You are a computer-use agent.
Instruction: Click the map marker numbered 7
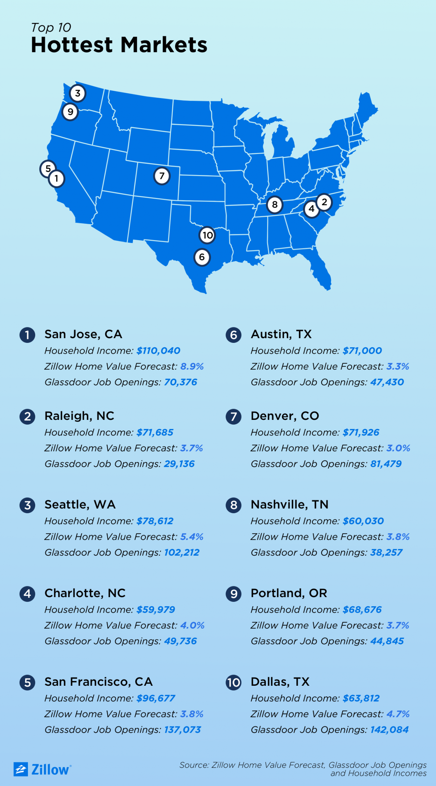[x=162, y=176]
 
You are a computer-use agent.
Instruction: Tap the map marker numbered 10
[x=207, y=235]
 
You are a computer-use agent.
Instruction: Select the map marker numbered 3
[x=77, y=93]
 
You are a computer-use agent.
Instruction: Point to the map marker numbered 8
[x=275, y=205]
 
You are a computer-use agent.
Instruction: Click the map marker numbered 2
[x=324, y=202]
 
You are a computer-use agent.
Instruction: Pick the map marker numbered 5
[x=48, y=169]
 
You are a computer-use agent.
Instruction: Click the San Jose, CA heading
[x=83, y=334]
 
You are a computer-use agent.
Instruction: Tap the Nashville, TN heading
[x=290, y=505]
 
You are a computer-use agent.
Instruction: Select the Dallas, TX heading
[x=280, y=682]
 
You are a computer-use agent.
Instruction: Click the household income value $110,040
[x=158, y=351]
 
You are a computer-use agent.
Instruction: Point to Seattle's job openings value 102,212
[x=182, y=553]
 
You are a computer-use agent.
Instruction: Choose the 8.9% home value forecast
[x=192, y=366]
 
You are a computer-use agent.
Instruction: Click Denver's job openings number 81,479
[x=386, y=464]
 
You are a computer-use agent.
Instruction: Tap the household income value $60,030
[x=363, y=521]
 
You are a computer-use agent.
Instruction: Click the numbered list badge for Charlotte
[x=27, y=594]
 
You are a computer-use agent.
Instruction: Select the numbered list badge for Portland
[x=234, y=594]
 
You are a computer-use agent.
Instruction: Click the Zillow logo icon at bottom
[x=21, y=769]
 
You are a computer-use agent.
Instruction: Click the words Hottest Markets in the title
[x=119, y=45]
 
